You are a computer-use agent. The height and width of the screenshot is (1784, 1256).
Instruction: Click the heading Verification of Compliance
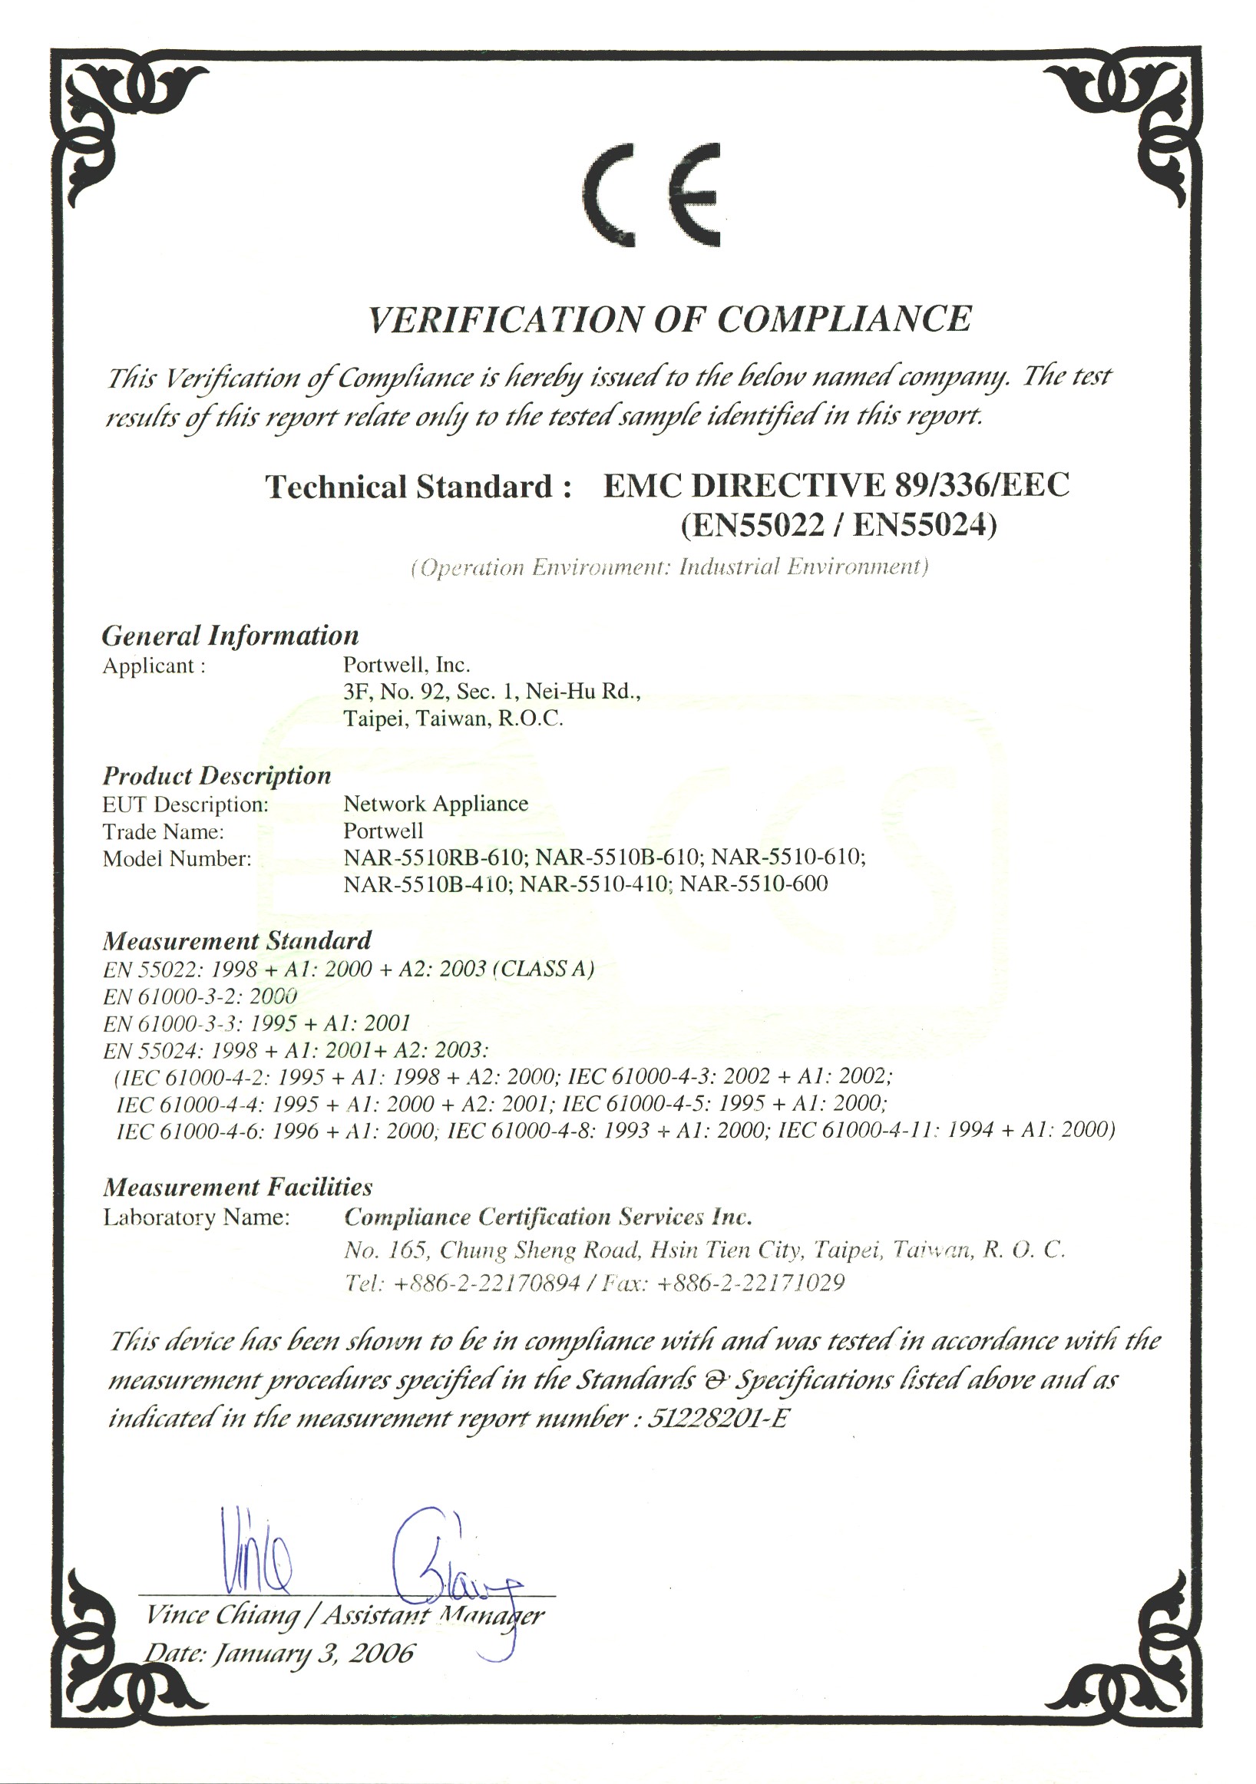[669, 319]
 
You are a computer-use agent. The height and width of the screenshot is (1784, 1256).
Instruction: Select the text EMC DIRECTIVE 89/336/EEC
[836, 486]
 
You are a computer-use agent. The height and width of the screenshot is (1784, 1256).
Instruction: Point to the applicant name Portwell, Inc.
[406, 665]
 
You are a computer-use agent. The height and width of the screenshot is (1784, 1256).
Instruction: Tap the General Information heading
[230, 636]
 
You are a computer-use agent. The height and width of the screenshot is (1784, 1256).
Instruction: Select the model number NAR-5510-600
[753, 884]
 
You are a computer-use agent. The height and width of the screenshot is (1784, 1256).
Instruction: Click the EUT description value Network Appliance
[435, 804]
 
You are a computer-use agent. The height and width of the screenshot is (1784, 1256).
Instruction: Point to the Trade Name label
[164, 831]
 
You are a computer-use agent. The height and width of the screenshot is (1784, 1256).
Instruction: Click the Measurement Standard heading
[237, 941]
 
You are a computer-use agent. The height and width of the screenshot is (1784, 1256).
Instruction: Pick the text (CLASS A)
[544, 969]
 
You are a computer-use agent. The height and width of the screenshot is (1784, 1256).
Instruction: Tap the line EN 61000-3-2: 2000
[200, 996]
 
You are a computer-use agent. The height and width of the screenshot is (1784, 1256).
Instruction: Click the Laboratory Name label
[196, 1217]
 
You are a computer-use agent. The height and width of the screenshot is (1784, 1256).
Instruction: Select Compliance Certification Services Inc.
[548, 1217]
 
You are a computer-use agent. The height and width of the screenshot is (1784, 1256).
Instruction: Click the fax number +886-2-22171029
[751, 1283]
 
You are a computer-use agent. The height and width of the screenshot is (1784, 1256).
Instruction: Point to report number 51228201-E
[717, 1419]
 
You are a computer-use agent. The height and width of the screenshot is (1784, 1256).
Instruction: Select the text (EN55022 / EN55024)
[838, 526]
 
